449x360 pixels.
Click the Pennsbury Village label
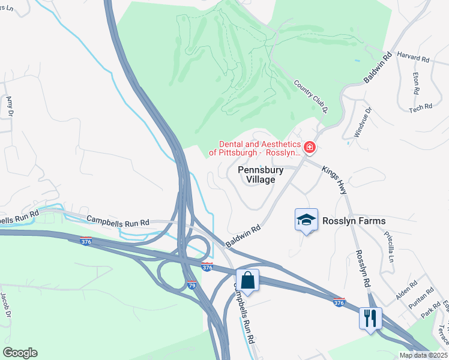261,175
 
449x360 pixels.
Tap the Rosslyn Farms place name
354,221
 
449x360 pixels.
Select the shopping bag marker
247,280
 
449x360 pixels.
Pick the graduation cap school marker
306,220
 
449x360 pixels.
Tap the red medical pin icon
310,147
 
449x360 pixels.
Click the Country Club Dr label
310,97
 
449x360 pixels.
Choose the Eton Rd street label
415,79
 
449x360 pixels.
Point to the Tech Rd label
420,107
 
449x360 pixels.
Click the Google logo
20,353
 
